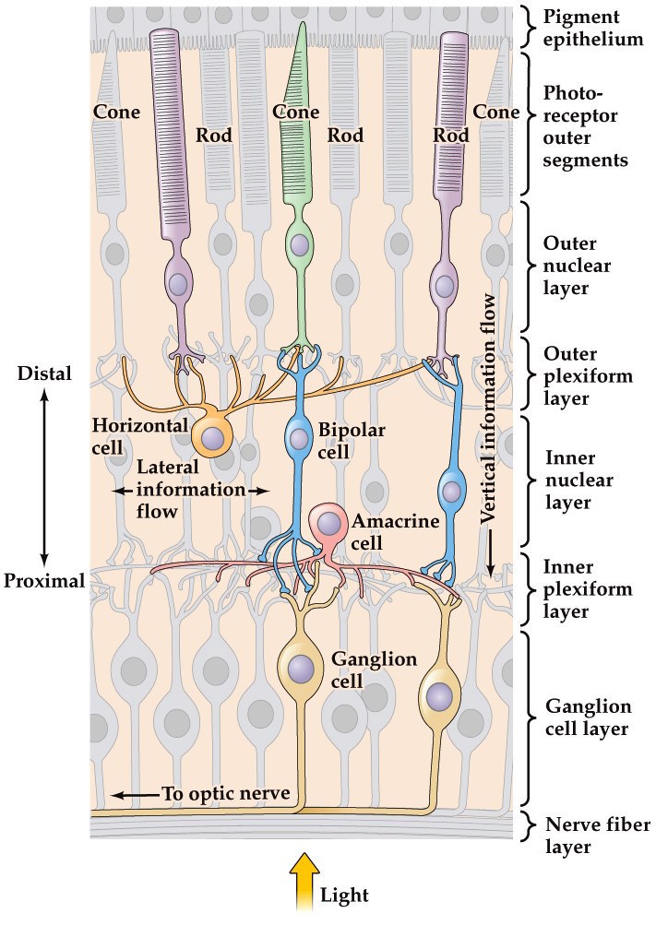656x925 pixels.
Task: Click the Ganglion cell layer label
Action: point(588,718)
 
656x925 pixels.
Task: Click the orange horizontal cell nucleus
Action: point(213,436)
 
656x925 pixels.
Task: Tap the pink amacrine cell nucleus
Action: point(328,525)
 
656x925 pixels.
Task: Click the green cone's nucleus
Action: point(300,245)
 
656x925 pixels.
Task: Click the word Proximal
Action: point(43,580)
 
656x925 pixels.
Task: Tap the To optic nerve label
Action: point(223,793)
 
